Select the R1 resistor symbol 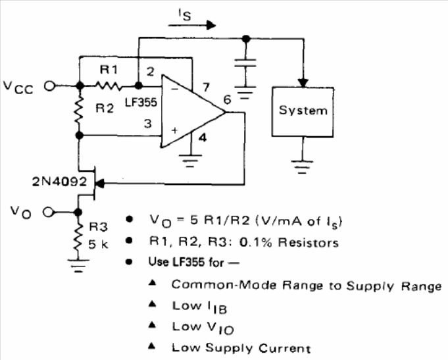[109, 85]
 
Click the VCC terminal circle [49, 86]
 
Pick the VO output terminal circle [48, 212]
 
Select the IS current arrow [191, 25]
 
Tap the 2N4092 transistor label [59, 182]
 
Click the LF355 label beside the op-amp [141, 102]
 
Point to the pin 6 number [227, 99]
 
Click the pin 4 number [203, 138]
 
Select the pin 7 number [206, 88]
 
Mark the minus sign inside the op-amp [174, 89]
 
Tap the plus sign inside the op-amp [174, 130]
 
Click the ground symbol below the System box [302, 167]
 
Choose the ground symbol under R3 [78, 266]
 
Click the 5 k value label [98, 244]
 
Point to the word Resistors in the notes [309, 242]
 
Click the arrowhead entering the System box [303, 83]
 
